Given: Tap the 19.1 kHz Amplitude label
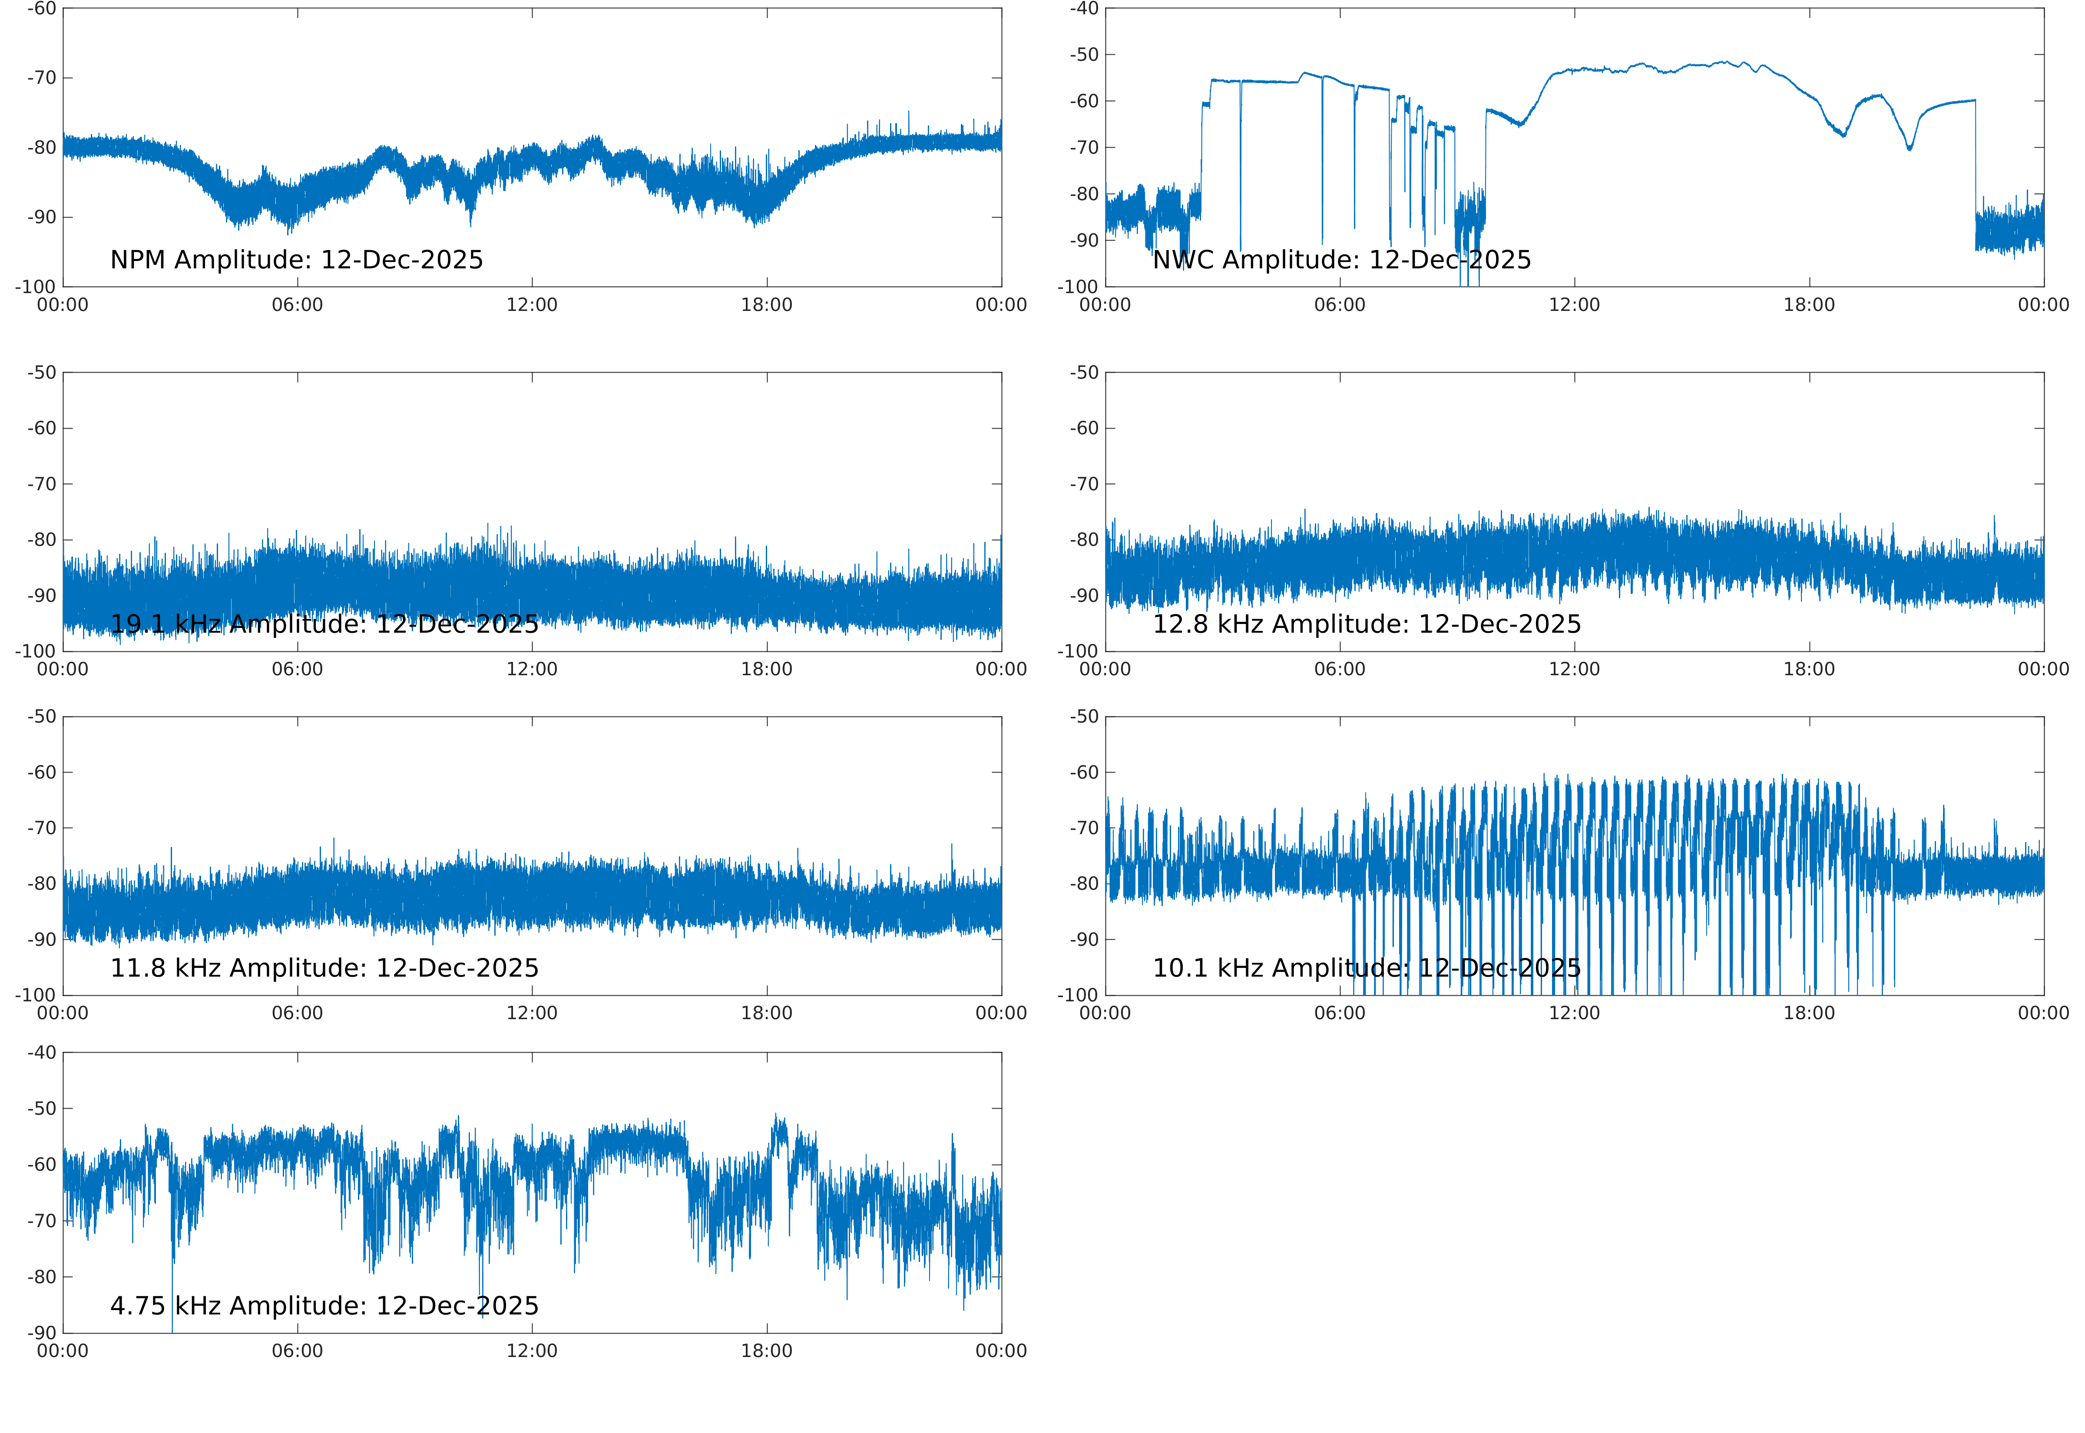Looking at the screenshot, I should click(324, 624).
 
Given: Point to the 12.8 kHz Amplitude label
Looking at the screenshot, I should click(1367, 624).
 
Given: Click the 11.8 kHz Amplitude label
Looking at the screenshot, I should click(324, 968).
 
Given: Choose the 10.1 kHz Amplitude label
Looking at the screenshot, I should click(1367, 968).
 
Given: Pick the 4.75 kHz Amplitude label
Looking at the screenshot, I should click(324, 1305).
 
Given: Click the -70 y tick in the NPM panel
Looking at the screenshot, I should click(41, 78).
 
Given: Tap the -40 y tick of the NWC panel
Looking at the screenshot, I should click(1084, 9).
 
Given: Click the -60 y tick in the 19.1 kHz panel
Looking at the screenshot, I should click(41, 428).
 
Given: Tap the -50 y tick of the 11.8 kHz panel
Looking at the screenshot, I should click(41, 716).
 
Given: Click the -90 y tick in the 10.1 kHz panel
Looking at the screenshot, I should click(1084, 939).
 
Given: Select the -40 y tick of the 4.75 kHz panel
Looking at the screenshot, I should click(41, 1052).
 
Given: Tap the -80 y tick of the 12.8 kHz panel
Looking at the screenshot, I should click(1084, 540).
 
